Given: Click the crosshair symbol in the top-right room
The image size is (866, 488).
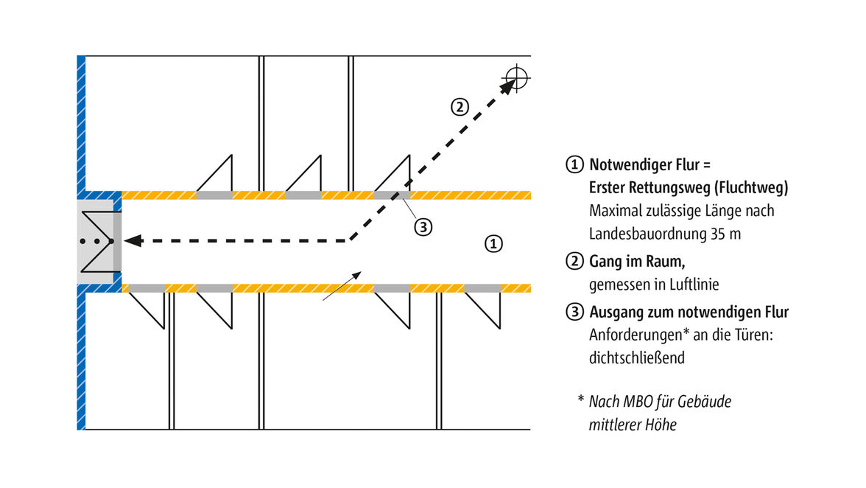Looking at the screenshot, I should (517, 77).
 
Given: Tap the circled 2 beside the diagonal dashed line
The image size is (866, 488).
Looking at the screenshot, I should (459, 107).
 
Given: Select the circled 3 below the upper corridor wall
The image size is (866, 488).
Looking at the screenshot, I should (423, 227).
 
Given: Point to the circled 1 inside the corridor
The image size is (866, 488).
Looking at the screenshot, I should (495, 244).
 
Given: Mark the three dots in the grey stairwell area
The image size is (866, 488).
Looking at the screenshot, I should (96, 241).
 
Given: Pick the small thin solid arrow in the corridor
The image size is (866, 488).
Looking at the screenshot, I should (342, 286).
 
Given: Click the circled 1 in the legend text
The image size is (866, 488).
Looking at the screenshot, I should (574, 164).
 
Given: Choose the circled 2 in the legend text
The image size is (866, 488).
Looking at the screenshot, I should (574, 261).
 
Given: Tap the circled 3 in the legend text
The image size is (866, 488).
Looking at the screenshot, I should (574, 312).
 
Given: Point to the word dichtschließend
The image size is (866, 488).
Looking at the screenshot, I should (637, 358).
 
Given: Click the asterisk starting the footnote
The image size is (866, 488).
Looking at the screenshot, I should (580, 401).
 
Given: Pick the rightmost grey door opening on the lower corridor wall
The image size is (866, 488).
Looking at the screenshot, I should (482, 287).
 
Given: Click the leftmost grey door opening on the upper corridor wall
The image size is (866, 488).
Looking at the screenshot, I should (214, 195).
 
